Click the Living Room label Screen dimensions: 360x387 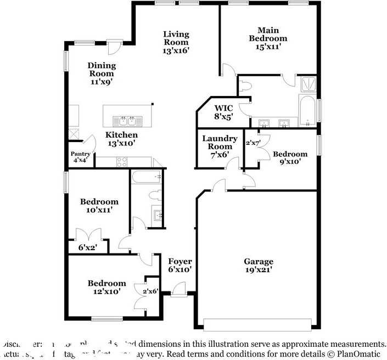(x=176, y=42)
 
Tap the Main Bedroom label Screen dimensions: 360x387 (x=268, y=35)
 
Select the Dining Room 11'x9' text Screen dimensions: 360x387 (x=102, y=74)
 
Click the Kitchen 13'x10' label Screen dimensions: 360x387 (x=121, y=139)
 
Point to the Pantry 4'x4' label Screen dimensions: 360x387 (x=80, y=157)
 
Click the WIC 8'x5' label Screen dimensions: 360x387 (x=224, y=112)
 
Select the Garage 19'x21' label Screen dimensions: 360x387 (x=258, y=266)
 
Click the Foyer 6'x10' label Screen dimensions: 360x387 (x=180, y=266)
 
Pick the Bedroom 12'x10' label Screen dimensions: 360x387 (x=106, y=287)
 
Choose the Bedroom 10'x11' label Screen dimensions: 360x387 (x=99, y=206)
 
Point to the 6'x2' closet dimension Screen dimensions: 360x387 (x=87, y=248)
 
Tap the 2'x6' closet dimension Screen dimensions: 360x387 (x=150, y=291)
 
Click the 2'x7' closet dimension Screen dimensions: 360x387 (x=253, y=143)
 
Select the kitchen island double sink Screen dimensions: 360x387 (x=127, y=120)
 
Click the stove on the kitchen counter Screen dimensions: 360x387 (x=122, y=161)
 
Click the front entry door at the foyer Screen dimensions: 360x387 (x=178, y=289)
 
